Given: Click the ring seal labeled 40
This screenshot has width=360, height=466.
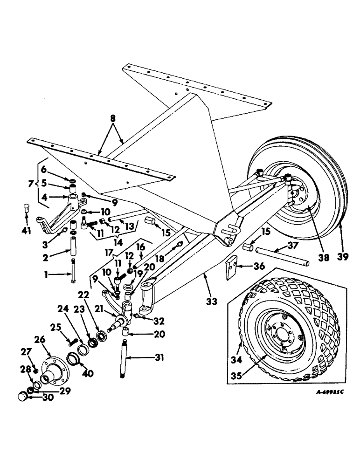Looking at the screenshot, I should point(75,360).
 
